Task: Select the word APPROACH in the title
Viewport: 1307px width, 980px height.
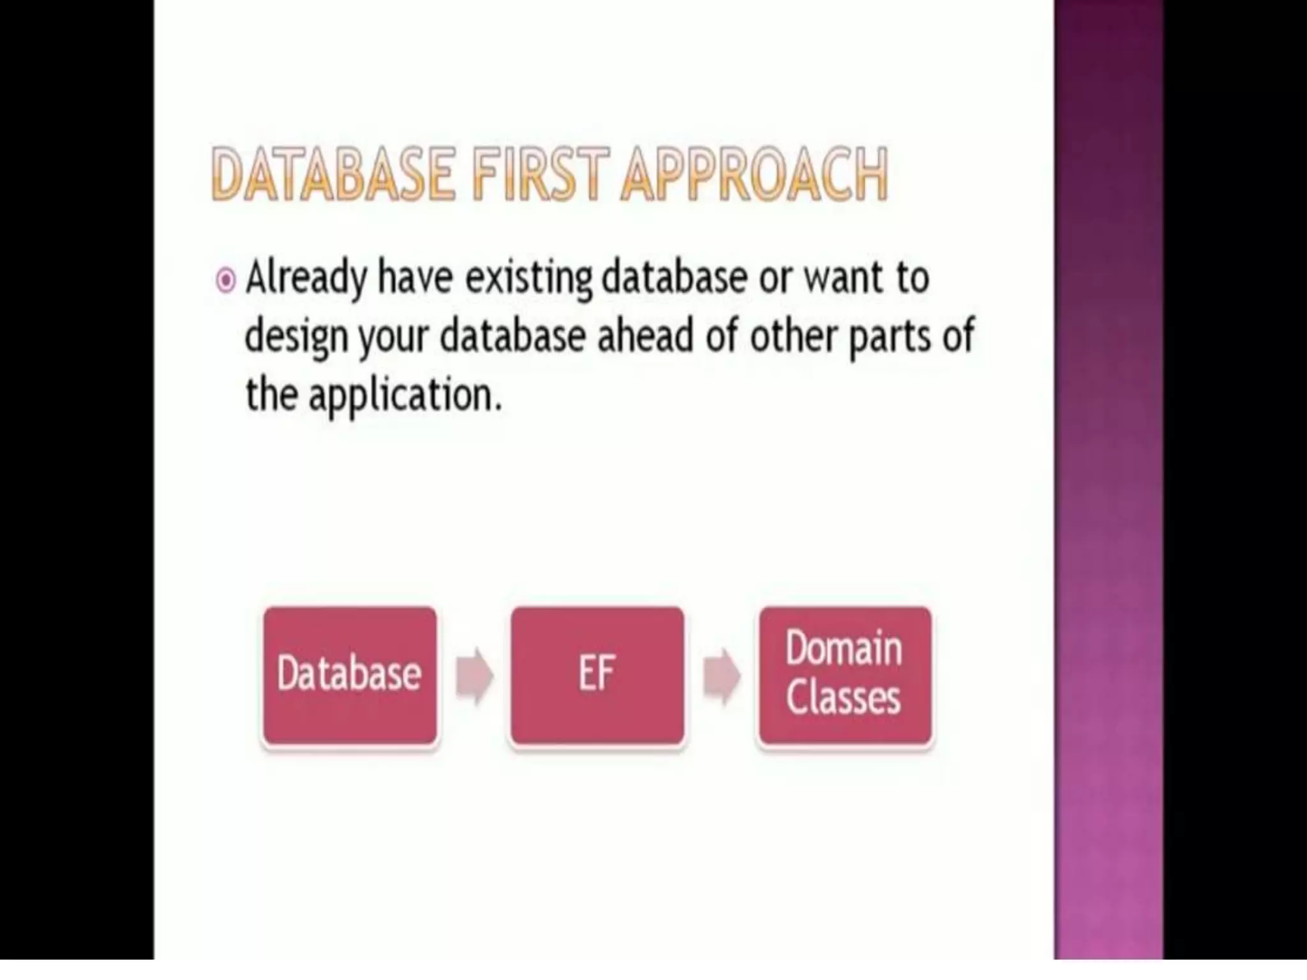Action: [754, 174]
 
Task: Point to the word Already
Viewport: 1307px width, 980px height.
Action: [307, 278]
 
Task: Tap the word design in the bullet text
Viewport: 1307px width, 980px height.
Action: [296, 338]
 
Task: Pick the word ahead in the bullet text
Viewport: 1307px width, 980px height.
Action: [645, 336]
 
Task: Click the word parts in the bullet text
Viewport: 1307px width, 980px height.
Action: [890, 338]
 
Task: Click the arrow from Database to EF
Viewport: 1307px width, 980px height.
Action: [474, 676]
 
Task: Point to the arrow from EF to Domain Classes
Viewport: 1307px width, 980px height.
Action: [721, 676]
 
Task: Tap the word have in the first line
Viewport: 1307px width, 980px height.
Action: [415, 278]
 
